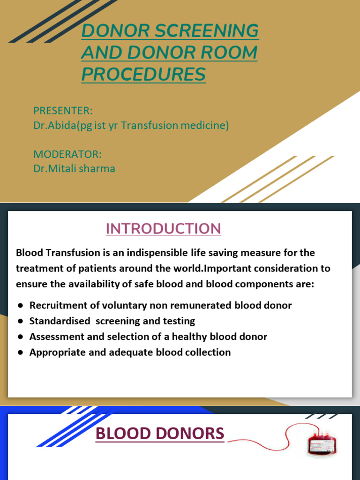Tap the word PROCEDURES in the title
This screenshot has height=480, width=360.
click(143, 74)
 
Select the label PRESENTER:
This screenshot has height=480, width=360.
click(63, 111)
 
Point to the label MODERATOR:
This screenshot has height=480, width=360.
click(67, 154)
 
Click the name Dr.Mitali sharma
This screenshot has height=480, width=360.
click(74, 168)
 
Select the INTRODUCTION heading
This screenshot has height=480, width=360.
click(163, 228)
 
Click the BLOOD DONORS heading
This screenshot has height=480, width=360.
click(160, 434)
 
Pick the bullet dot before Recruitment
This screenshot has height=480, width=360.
click(21, 306)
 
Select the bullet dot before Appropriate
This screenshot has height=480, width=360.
click(21, 352)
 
